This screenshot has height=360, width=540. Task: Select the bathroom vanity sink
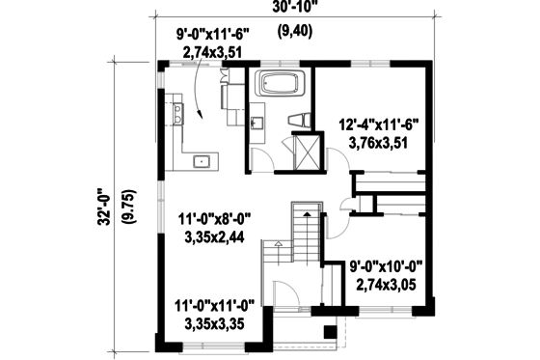pos(257,124)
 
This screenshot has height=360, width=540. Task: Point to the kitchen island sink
pos(202,160)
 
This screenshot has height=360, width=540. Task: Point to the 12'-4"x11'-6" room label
pos(377,125)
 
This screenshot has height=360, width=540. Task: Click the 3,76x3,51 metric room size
pos(377,142)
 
